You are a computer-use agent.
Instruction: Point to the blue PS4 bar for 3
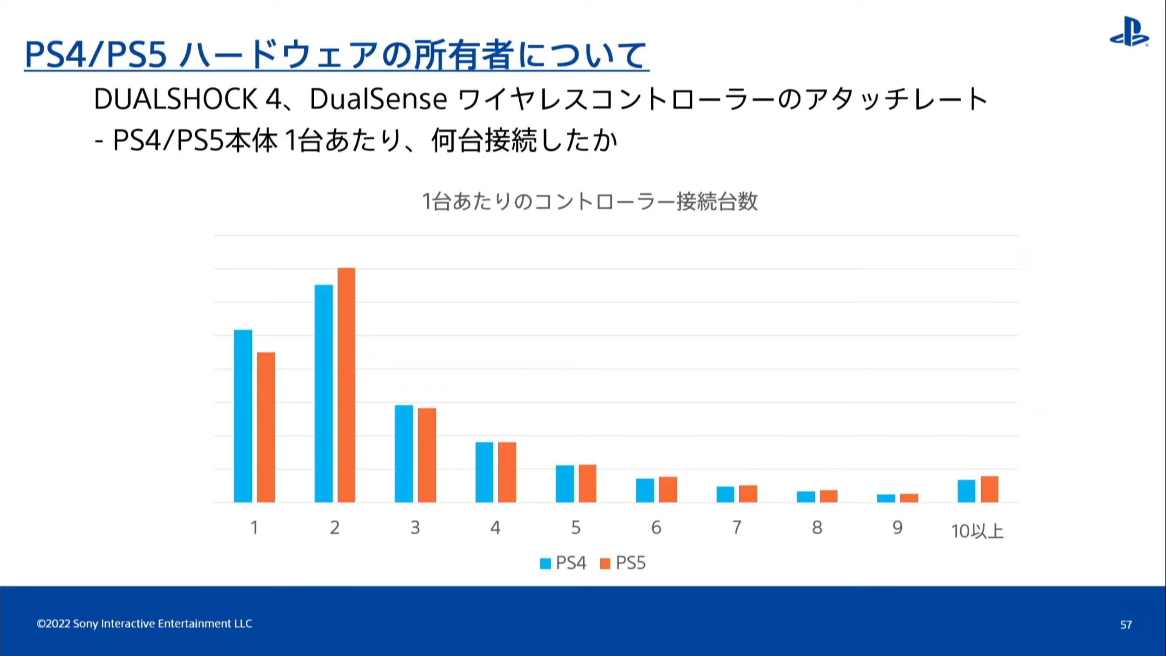click(404, 453)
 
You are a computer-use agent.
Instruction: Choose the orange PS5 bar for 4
click(507, 472)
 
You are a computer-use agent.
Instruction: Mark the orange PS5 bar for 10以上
click(989, 489)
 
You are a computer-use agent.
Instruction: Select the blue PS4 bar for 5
click(565, 483)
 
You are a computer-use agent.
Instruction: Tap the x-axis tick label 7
click(736, 528)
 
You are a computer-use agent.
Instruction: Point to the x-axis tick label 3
click(415, 528)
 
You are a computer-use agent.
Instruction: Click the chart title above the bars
click(590, 202)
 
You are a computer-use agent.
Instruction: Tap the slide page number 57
click(1126, 625)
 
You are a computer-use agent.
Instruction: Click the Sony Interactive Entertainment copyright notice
click(144, 624)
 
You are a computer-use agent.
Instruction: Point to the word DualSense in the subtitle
click(378, 99)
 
